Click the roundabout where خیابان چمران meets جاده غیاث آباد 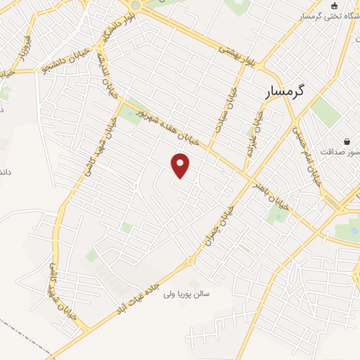coord(191,261)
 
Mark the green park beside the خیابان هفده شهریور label coord(130,113)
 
